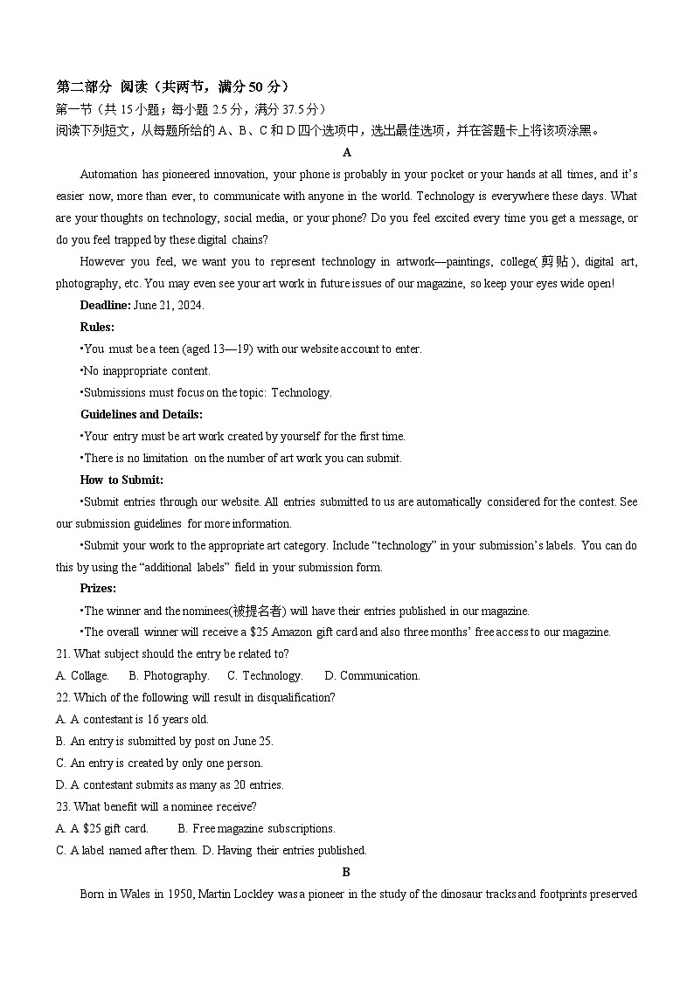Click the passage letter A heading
click(x=347, y=153)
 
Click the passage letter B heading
click(x=346, y=872)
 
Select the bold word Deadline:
click(x=106, y=305)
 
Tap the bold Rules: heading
click(x=97, y=327)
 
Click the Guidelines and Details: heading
click(x=142, y=414)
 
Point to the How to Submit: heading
click(x=121, y=480)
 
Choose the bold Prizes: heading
click(x=98, y=589)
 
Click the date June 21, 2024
click(x=169, y=305)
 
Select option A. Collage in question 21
click(x=82, y=675)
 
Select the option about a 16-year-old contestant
click(x=132, y=719)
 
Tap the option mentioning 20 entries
click(x=170, y=784)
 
